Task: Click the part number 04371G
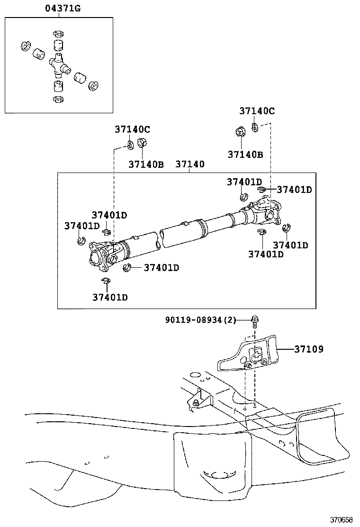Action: [63, 9]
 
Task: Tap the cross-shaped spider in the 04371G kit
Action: [59, 64]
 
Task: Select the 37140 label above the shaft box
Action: [190, 164]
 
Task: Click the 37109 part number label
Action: [309, 349]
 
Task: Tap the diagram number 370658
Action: [341, 519]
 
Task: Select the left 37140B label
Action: [146, 164]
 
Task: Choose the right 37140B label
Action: [245, 154]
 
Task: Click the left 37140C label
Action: [132, 129]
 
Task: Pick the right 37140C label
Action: [257, 110]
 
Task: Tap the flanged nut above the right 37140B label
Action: [240, 131]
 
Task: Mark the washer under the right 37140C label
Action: [255, 127]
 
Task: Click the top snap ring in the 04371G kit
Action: [58, 34]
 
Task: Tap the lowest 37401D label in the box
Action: [110, 298]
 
